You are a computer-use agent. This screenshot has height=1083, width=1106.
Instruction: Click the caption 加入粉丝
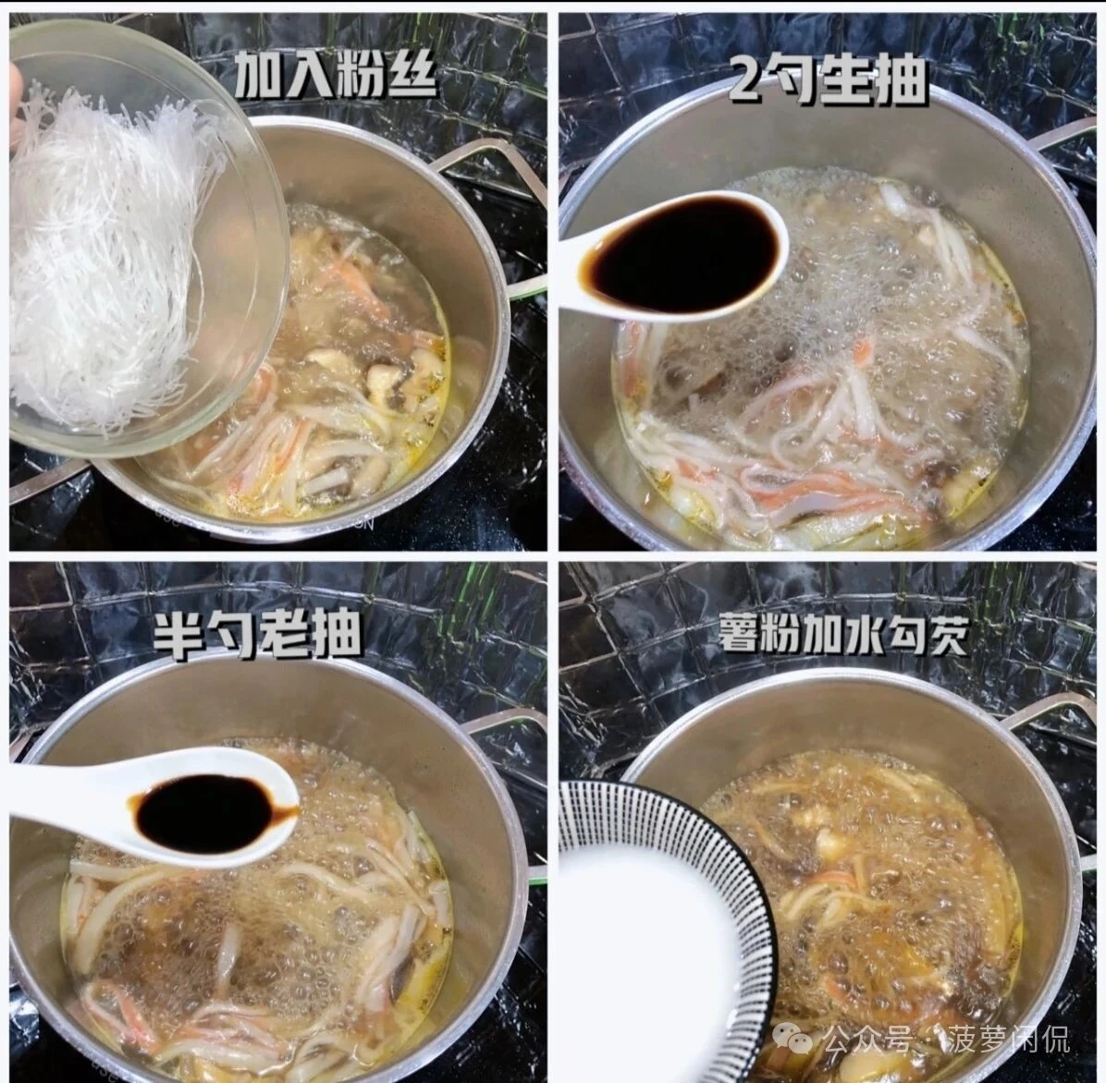tap(334, 75)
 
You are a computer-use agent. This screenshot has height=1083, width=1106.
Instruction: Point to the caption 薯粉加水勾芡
tap(842, 636)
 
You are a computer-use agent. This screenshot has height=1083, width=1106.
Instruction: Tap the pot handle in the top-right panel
tap(1063, 148)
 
